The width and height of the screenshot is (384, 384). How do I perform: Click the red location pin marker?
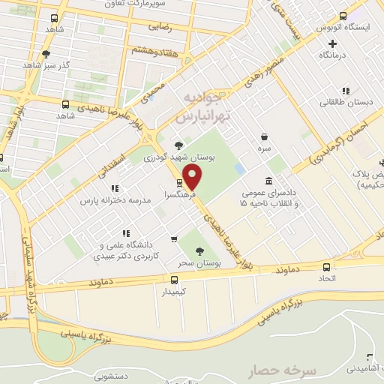tap(193, 176)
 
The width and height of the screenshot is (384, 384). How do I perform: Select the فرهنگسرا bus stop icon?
tap(178, 182)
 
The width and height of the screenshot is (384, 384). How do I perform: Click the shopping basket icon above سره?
tap(264, 136)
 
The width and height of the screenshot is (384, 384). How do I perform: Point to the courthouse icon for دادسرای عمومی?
tap(268, 181)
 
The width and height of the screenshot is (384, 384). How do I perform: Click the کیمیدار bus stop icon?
tap(175, 279)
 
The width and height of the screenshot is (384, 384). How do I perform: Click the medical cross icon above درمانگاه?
tap(332, 43)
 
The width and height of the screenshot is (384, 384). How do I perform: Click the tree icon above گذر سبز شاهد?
tap(46, 53)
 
